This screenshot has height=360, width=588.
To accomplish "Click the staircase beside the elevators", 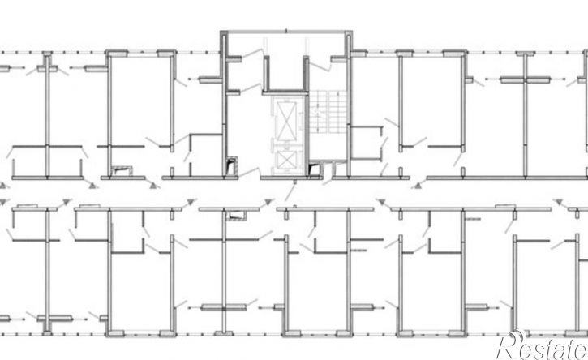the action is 328,111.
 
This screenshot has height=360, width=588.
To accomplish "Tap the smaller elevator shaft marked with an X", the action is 286,160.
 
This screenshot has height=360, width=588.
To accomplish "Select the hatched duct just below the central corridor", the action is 235,216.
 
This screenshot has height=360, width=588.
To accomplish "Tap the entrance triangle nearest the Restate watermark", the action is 560,203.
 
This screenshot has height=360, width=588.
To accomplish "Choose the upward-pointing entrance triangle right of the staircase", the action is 415,186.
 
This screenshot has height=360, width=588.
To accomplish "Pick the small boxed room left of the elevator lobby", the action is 206,155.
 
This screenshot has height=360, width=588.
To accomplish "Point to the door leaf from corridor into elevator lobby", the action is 249,172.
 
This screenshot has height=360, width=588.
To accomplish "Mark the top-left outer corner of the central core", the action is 221,31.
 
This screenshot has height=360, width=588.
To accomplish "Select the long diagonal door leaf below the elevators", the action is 290,192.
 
